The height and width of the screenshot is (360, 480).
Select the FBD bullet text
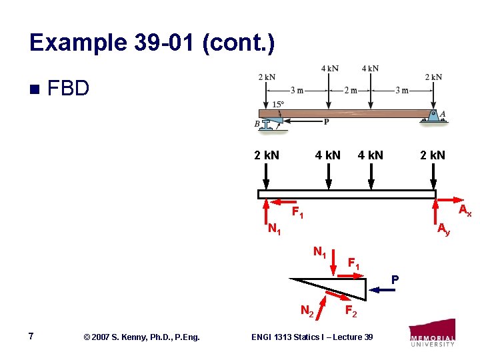click(69, 88)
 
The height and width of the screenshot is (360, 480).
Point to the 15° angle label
click(278, 104)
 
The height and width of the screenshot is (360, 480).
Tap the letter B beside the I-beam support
click(257, 125)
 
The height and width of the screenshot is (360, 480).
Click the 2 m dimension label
click(350, 91)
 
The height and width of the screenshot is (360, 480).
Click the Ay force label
click(443, 229)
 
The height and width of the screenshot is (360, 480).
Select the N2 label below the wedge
click(307, 311)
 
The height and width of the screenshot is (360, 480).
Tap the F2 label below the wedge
click(352, 311)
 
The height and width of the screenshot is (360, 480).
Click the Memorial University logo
click(433, 333)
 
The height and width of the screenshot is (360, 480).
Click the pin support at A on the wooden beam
click(433, 115)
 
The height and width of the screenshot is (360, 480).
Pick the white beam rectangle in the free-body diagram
click(347, 194)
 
